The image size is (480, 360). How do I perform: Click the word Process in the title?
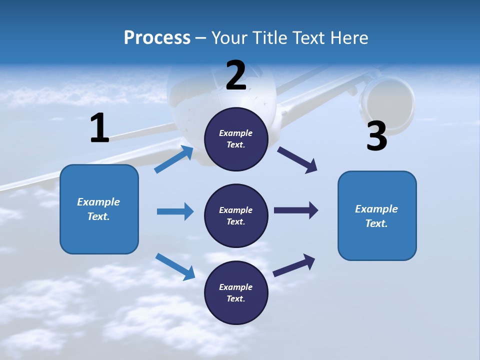(x=157, y=38)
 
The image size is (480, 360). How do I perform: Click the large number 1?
(x=99, y=128)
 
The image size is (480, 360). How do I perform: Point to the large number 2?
(x=236, y=75)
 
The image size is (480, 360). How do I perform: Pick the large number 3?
(x=376, y=136)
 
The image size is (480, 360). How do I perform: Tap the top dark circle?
(x=236, y=139)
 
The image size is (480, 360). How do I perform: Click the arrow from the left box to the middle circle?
(x=175, y=211)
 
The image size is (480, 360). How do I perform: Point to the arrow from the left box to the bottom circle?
(x=175, y=266)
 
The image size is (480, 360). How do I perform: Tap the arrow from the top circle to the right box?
(x=297, y=160)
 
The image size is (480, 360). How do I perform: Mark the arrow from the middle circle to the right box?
(x=295, y=210)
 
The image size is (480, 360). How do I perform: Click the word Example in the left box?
(x=98, y=202)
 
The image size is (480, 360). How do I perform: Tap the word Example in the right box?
(x=376, y=209)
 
